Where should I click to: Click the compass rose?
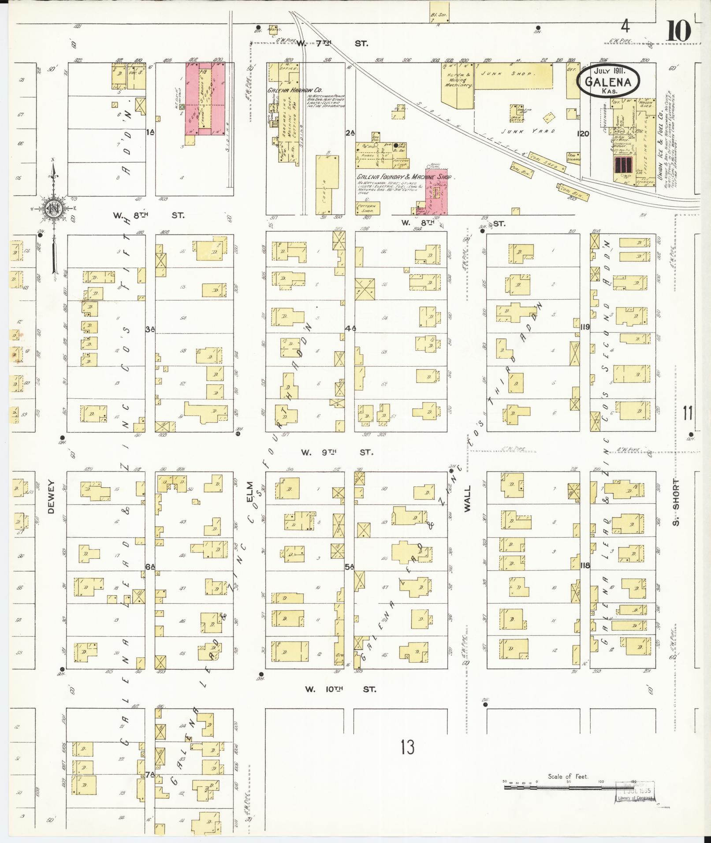pyautogui.click(x=53, y=208)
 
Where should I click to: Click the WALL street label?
pyautogui.click(x=467, y=498)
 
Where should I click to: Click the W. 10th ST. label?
pyautogui.click(x=341, y=689)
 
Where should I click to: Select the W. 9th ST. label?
pyautogui.click(x=337, y=452)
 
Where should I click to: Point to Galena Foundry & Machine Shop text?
pyautogui.click(x=405, y=176)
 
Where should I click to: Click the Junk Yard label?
pyautogui.click(x=527, y=131)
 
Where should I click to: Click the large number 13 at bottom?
pyautogui.click(x=408, y=747)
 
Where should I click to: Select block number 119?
pyautogui.click(x=585, y=327)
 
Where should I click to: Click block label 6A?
pyautogui.click(x=150, y=567)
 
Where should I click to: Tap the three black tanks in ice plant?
pyautogui.click(x=623, y=164)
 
